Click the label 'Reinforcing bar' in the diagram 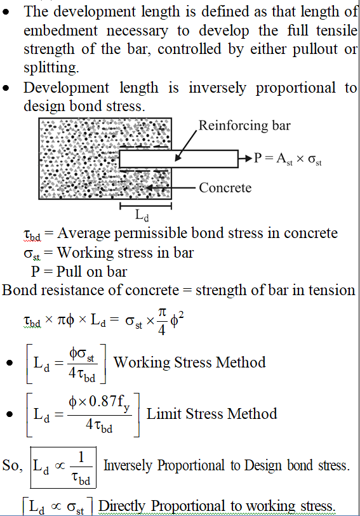244,126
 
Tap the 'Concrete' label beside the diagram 225,188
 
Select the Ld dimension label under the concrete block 142,215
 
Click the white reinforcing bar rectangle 178,159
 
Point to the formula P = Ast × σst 288,159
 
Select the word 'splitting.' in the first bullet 51,67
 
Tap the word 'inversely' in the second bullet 217,88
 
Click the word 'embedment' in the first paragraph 60,30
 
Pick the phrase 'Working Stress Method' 190,362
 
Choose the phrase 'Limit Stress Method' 211,414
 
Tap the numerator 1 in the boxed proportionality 81,457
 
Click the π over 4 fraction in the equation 161,322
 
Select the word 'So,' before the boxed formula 13,465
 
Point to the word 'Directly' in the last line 122,506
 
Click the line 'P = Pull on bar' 79,272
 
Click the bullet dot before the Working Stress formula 10,363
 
